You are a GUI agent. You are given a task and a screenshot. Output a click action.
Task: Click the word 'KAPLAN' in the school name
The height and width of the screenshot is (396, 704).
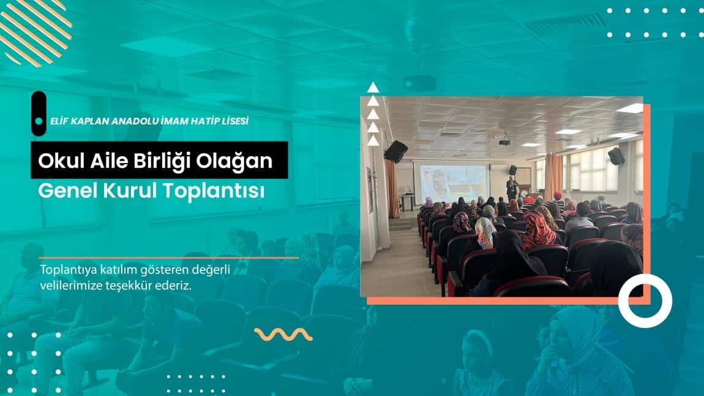98,121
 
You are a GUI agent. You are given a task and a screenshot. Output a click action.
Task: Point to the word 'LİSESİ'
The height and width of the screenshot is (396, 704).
233,121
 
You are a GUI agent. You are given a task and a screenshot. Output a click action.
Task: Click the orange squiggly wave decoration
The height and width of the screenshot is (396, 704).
283,334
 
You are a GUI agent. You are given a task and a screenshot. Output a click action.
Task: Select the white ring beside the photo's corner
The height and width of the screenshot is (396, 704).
645,300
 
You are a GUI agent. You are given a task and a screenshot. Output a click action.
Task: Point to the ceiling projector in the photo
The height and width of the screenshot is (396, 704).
504,142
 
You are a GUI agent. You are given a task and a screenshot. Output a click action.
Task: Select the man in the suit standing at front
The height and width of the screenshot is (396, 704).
512,186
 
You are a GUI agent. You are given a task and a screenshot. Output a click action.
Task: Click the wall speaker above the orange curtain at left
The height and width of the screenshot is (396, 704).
396,151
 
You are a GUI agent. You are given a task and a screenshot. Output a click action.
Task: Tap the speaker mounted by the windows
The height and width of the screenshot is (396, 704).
616,156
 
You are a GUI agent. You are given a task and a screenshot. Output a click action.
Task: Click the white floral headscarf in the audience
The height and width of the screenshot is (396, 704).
485,232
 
